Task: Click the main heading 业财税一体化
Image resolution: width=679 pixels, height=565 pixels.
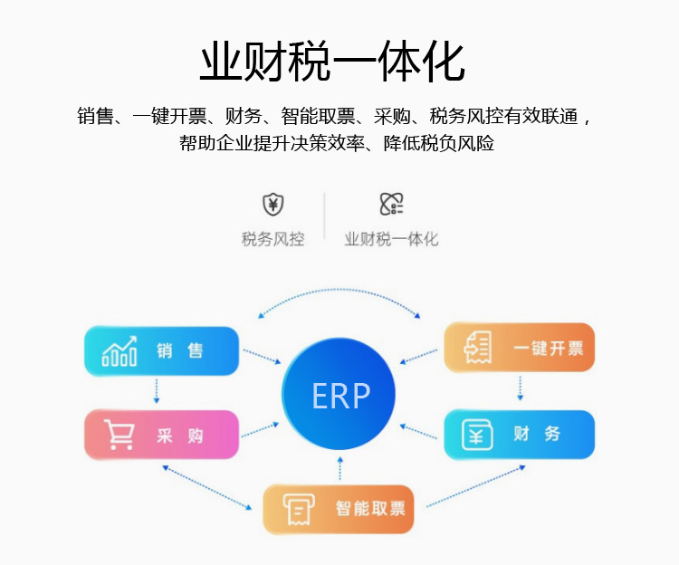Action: [x=332, y=61]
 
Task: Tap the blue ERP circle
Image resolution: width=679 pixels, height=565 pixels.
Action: [x=339, y=394]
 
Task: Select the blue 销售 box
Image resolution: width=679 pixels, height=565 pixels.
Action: [x=161, y=350]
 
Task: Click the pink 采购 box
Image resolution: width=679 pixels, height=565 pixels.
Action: [x=161, y=435]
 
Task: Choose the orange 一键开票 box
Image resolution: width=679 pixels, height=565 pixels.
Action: [x=520, y=347]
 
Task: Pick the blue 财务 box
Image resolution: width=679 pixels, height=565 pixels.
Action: [x=520, y=435]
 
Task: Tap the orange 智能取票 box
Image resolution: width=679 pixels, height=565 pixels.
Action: [x=339, y=509]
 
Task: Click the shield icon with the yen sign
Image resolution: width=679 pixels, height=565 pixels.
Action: [x=273, y=205]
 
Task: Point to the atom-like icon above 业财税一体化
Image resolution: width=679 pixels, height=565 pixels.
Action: [x=391, y=204]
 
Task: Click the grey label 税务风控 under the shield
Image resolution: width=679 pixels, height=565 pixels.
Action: [x=273, y=239]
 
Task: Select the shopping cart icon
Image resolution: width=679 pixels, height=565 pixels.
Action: [x=119, y=435]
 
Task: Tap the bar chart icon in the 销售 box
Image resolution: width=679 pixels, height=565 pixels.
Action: [x=120, y=351]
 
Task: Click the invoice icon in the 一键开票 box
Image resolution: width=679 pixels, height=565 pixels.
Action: [x=478, y=347]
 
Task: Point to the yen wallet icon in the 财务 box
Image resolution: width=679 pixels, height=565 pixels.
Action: [x=477, y=435]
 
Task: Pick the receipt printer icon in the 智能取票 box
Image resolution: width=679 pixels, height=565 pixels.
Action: [x=299, y=509]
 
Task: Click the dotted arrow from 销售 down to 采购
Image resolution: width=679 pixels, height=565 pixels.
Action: [x=157, y=390]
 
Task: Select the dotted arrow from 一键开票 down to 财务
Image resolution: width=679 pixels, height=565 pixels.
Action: [x=520, y=388]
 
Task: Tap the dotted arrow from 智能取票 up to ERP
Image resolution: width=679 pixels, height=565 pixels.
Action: [x=339, y=468]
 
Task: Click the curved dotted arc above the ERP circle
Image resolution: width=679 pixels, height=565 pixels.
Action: [x=339, y=290]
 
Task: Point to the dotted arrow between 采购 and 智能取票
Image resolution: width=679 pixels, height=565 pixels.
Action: [x=207, y=487]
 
